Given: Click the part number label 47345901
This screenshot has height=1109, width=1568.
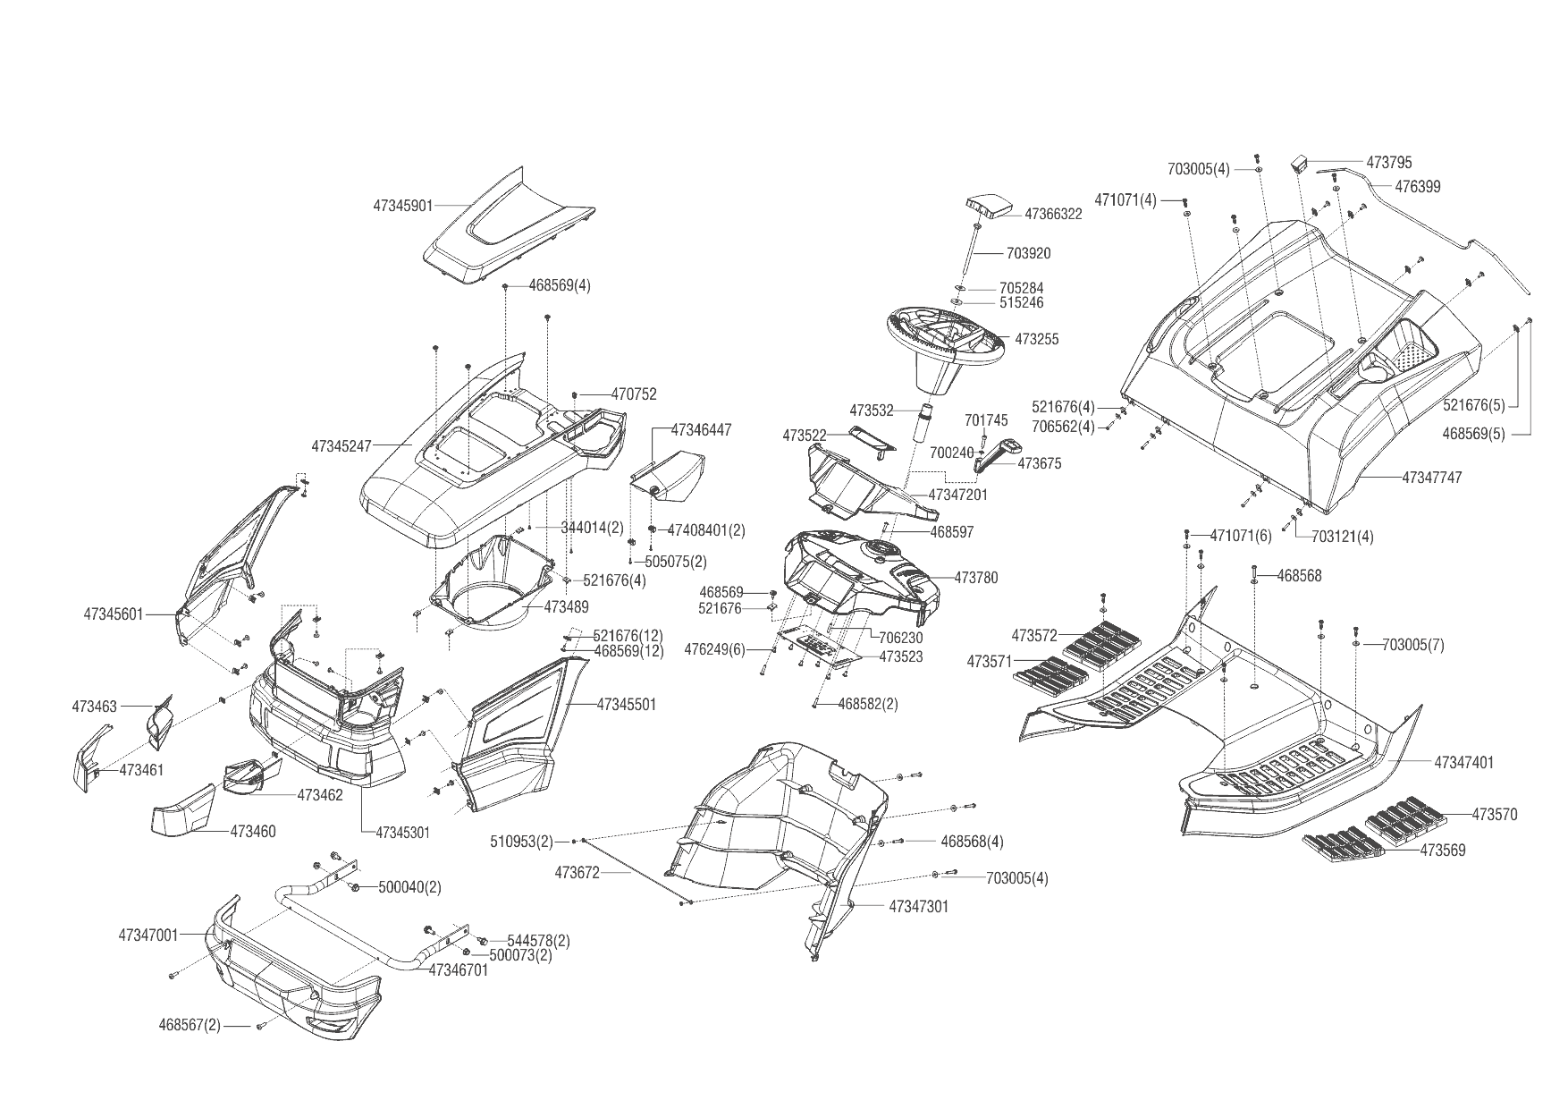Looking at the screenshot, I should pyautogui.click(x=402, y=206).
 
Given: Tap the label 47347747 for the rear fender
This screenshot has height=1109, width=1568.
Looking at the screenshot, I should pyautogui.click(x=1431, y=478).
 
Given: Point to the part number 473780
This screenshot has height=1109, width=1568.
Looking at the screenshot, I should pyautogui.click(x=976, y=578).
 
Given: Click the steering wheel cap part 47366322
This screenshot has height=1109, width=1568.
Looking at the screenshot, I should pyautogui.click(x=987, y=207).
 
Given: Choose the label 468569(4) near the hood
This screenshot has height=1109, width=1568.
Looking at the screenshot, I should pyautogui.click(x=560, y=286).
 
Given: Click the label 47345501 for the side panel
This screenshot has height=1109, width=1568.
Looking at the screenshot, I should pyautogui.click(x=626, y=705).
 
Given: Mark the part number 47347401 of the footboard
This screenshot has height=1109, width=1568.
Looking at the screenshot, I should pyautogui.click(x=1463, y=763).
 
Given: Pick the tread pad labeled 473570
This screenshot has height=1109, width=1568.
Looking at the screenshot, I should pyautogui.click(x=1404, y=816).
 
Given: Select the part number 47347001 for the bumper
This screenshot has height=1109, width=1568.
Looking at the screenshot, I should pyautogui.click(x=148, y=935).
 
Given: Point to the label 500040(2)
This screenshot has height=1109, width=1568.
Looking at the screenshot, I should pyautogui.click(x=409, y=887).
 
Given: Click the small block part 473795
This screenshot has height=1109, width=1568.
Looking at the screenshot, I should pyautogui.click(x=1299, y=164).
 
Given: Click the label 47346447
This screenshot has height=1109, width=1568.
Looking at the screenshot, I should pyautogui.click(x=701, y=430).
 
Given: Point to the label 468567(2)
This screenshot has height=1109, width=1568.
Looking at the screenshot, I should pyautogui.click(x=190, y=1025).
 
